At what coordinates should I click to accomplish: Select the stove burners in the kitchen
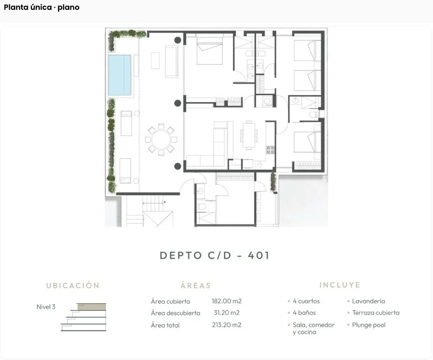(x=270, y=150)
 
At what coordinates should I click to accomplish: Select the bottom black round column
(x=178, y=165)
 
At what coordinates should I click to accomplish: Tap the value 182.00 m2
(x=227, y=301)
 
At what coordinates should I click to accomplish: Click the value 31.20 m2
(x=227, y=313)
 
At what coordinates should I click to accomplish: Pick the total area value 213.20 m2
(x=227, y=325)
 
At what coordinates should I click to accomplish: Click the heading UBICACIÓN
(x=73, y=285)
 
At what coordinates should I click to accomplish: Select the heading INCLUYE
(x=340, y=285)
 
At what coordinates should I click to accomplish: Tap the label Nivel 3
(x=46, y=307)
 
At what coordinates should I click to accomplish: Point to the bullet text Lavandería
(x=368, y=301)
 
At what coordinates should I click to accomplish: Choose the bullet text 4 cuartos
(x=306, y=301)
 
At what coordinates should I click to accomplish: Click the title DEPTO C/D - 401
(x=215, y=256)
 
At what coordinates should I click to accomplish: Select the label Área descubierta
(x=175, y=313)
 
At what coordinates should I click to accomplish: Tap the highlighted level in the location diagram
(x=91, y=307)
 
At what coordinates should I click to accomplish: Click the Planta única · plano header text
(x=42, y=7)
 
